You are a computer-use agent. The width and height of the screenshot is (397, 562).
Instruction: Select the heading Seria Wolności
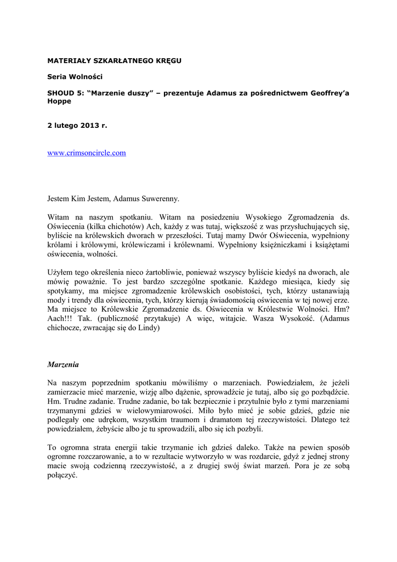(75, 77)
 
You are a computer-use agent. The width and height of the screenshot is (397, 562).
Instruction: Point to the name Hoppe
(59, 102)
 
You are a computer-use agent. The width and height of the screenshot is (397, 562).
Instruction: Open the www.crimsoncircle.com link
(87, 153)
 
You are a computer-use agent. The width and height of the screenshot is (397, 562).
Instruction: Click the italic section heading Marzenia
(63, 364)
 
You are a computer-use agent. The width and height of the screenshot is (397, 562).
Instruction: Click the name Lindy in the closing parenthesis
(148, 329)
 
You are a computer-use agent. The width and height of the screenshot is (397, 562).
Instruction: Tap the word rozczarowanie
(106, 457)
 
